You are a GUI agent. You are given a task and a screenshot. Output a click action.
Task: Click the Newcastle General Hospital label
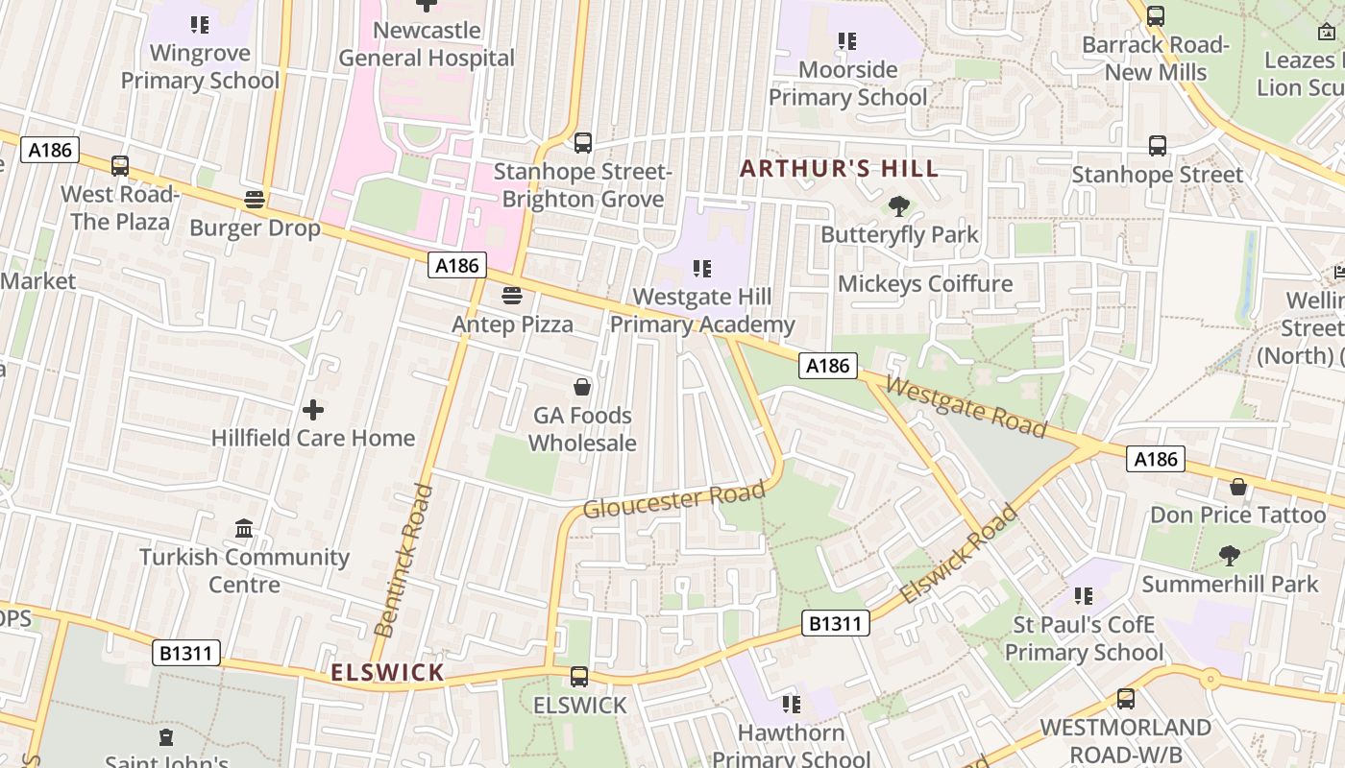[427, 44]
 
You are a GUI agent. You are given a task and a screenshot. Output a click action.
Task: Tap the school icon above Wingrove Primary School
[200, 24]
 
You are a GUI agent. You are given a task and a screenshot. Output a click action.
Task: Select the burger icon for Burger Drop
[255, 200]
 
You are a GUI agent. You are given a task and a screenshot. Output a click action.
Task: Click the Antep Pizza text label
[512, 324]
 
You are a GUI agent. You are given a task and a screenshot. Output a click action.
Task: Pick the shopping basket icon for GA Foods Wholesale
[582, 387]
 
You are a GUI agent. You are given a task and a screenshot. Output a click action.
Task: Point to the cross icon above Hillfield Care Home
[313, 410]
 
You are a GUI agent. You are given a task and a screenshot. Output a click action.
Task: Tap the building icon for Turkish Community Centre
[244, 529]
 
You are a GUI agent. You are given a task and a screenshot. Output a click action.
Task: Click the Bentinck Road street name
[403, 562]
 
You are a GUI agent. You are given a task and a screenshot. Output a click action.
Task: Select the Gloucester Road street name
[674, 499]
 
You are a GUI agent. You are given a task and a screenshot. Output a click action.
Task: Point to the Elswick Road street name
[959, 555]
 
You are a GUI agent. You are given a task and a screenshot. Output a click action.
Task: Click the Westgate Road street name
[966, 406]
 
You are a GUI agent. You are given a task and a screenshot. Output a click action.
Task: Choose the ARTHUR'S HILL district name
[839, 169]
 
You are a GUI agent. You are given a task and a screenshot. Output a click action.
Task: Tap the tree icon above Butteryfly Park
[899, 206]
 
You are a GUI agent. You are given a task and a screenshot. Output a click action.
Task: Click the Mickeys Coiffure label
[925, 283]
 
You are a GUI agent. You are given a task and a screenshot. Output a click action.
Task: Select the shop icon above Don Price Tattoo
[1238, 487]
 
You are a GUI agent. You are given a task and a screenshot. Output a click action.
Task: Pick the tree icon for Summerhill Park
[1229, 555]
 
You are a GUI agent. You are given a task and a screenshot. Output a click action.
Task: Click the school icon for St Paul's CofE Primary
[1084, 596]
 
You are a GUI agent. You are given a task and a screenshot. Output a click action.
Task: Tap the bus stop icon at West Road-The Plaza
[120, 166]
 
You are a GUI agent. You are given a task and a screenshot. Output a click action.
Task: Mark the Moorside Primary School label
[848, 84]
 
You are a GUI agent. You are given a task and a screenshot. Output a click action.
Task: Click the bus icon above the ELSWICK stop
[579, 677]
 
